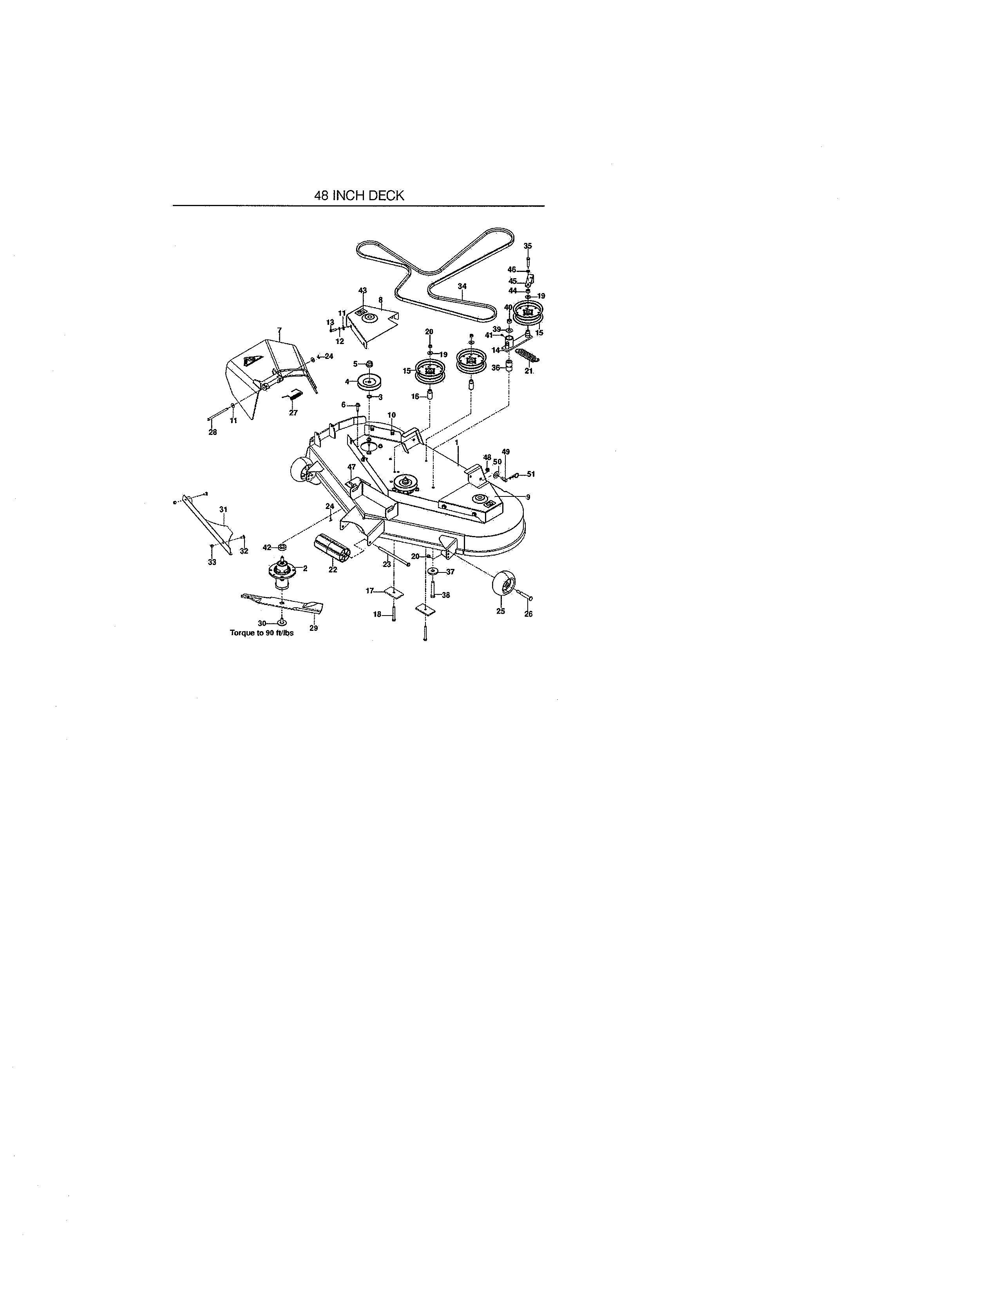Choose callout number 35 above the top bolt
point(528,246)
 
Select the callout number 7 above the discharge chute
point(279,330)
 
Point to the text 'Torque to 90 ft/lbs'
point(262,632)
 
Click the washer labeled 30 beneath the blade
point(282,623)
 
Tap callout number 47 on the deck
point(351,467)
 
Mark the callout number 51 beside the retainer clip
point(531,474)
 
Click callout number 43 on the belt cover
point(363,290)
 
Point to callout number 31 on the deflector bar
point(223,509)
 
